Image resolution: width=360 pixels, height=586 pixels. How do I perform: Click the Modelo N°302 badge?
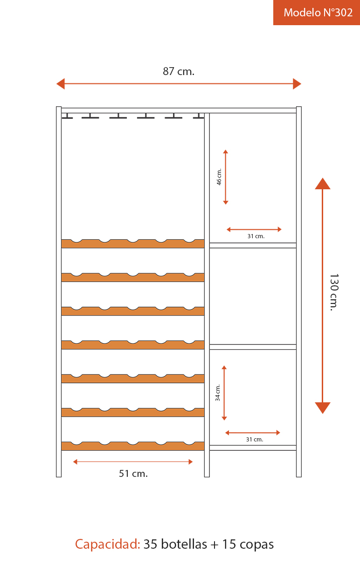pos(318,13)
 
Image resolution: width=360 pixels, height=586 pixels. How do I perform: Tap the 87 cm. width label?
pos(179,71)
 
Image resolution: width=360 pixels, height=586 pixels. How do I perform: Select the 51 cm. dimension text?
pos(133,474)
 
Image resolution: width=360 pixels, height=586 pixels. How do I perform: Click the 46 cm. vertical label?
pos(219,177)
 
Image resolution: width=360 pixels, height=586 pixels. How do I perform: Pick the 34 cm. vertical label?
pos(218,393)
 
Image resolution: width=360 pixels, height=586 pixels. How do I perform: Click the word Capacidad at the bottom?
pos(108,544)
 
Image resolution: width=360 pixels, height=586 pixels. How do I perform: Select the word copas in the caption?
pos(257,544)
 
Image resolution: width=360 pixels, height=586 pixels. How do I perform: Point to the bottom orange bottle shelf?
pos(133,447)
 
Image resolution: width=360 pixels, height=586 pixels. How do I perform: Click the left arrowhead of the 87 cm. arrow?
pos(60,84)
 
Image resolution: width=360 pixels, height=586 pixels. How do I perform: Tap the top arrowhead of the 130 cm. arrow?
pos(323,184)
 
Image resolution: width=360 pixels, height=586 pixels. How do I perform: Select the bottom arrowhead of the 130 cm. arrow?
pos(323,408)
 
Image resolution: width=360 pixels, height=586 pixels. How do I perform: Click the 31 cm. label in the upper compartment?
pos(256,236)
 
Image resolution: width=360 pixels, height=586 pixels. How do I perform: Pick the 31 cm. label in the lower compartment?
pos(255,440)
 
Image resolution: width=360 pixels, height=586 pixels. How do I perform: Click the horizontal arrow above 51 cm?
pos(133,462)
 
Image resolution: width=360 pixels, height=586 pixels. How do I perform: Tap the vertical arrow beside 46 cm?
pos(226,177)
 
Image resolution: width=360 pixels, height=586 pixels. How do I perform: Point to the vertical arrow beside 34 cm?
pos(224,393)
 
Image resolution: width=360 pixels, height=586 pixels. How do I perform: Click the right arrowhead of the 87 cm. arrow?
pos(297,84)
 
